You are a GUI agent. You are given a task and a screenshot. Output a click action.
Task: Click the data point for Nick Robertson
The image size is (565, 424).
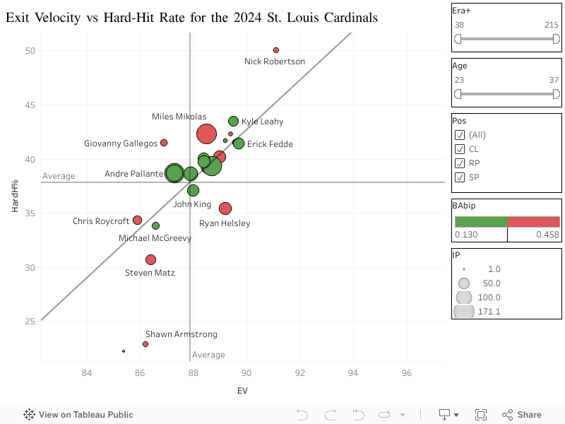pos(276,50)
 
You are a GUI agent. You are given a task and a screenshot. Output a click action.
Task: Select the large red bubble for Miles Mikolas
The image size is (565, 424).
pos(206,134)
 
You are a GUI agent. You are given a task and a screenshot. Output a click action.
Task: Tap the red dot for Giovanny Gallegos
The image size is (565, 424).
pos(164,143)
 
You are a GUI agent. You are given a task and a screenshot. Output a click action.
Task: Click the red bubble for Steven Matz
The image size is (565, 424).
pos(150,259)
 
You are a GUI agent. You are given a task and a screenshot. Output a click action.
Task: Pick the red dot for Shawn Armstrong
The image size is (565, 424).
pos(145,344)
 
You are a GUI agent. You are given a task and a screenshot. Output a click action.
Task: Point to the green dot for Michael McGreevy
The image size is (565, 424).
pos(155,225)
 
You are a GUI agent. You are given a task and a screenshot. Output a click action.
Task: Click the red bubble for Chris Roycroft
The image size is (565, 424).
pos(138,220)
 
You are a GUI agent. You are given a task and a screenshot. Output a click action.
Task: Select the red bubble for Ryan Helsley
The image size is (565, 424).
pos(225,208)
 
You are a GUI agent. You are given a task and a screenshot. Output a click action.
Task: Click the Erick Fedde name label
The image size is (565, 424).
pos(270,144)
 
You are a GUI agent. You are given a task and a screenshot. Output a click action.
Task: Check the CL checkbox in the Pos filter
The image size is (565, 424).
pos(460,149)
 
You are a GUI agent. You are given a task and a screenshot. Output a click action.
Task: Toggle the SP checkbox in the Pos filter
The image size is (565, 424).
pos(460,177)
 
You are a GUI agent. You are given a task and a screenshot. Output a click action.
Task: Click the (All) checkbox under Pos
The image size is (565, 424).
pos(460,135)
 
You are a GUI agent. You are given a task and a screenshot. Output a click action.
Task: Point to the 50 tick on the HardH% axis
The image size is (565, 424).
pos(30,51)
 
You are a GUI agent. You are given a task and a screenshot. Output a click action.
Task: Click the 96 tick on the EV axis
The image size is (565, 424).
pos(407,373)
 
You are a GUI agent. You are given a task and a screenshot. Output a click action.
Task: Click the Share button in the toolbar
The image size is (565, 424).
pos(522,415)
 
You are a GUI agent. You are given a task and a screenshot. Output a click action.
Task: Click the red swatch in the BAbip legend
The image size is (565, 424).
pos(534,222)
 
